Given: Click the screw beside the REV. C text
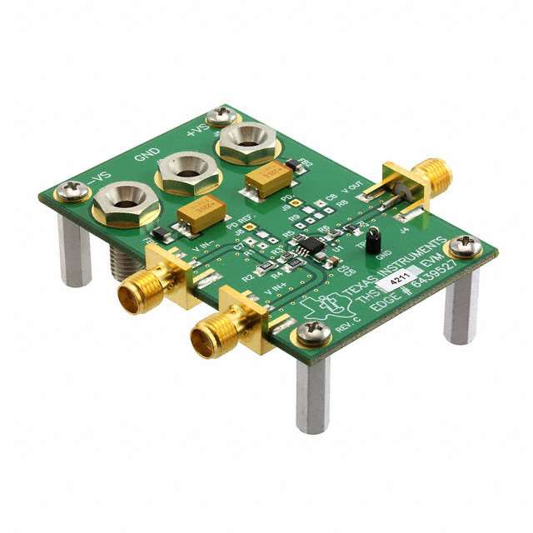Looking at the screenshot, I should [315, 332].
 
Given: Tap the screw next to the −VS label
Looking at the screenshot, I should [72, 192].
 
